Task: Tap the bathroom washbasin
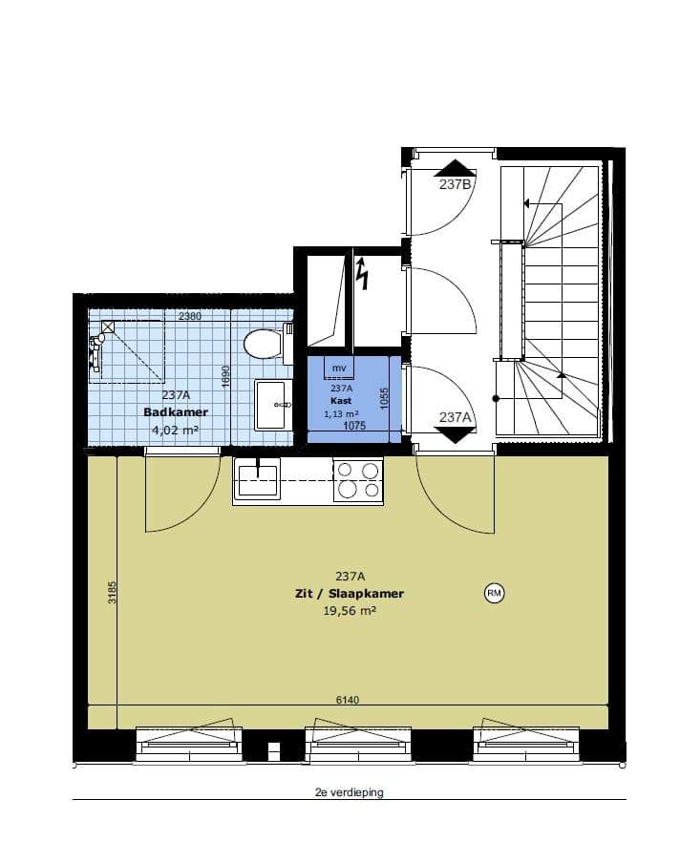271,405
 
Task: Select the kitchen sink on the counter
257,480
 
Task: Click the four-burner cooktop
358,480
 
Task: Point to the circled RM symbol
494,593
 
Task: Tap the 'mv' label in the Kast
339,368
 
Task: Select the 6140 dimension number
347,700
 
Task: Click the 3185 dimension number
112,592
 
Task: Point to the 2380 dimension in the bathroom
190,316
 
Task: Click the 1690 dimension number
225,376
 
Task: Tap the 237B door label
455,184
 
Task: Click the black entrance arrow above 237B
455,168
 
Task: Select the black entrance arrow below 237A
455,434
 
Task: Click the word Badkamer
176,412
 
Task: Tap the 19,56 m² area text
350,611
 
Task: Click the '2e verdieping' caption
350,792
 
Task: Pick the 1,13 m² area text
341,414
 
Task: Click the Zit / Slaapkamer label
350,594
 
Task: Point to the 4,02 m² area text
176,430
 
